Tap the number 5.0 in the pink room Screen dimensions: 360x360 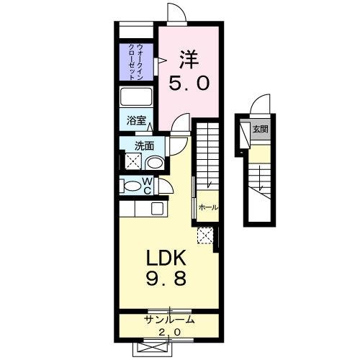[x=190, y=83]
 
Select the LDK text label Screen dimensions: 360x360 [x=167, y=258]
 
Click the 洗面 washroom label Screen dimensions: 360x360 [x=145, y=145]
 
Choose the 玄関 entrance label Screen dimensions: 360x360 [x=260, y=130]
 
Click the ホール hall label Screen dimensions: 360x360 [x=208, y=207]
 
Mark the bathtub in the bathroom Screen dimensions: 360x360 [x=135, y=97]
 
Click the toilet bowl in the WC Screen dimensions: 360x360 [x=132, y=186]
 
